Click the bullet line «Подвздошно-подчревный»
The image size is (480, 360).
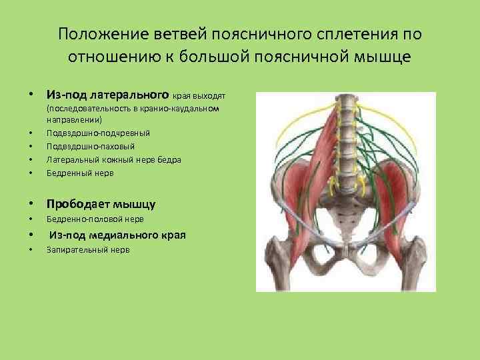[98, 133]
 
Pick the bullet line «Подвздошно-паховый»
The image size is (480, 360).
[91, 146]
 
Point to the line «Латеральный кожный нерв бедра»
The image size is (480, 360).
[113, 159]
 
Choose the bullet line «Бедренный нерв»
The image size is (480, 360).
[80, 173]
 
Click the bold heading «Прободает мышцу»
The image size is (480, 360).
[100, 203]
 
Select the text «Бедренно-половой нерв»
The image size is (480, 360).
[95, 219]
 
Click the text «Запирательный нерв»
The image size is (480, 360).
[88, 249]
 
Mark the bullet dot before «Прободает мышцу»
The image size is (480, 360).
[31, 203]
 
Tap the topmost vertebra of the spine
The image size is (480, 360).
[345, 101]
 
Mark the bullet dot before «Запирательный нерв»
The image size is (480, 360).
[31, 250]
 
